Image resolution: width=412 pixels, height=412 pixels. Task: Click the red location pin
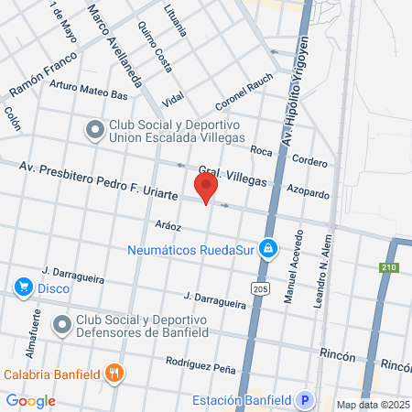(206, 189)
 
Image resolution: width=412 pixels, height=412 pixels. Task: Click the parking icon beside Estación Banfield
(306, 400)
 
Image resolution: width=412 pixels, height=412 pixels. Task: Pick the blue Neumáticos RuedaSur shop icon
(267, 247)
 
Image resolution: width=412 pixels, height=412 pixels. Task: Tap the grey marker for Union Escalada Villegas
(95, 131)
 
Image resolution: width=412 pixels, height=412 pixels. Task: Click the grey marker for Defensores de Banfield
(62, 324)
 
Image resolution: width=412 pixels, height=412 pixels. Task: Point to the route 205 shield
(261, 289)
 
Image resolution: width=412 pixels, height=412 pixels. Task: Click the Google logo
(30, 400)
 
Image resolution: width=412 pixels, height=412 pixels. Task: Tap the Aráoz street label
(168, 225)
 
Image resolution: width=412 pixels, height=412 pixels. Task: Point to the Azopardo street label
(308, 192)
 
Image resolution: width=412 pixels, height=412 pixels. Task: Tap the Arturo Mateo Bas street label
(88, 90)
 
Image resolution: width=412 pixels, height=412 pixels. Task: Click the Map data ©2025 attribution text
(372, 405)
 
